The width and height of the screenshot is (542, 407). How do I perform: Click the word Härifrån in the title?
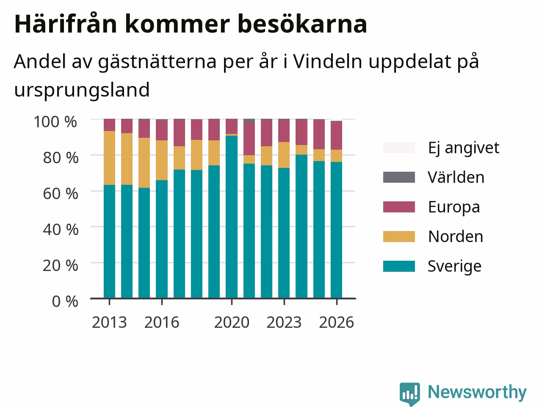[66, 24]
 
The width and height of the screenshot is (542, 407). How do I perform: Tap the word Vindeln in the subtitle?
[328, 61]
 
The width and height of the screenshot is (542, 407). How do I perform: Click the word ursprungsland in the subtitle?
[82, 90]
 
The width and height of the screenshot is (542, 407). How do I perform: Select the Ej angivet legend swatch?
[399, 148]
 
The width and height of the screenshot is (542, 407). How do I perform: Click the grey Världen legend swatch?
[399, 177]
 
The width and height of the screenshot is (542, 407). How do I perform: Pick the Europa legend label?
[454, 207]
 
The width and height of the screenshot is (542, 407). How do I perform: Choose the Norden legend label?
[456, 237]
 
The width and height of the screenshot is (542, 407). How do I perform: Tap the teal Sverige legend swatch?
[399, 266]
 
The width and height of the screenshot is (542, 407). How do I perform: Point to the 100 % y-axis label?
[55, 122]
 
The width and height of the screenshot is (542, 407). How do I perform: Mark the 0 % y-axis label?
[65, 301]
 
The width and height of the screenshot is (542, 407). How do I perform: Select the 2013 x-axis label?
[109, 322]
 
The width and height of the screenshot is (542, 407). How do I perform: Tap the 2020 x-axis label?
[232, 322]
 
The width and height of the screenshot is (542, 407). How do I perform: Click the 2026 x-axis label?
[336, 322]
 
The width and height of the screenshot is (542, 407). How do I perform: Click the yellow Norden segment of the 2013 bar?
[109, 158]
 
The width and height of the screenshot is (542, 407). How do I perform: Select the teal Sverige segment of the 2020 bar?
[232, 217]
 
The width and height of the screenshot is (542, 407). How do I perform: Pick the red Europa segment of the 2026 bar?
[336, 135]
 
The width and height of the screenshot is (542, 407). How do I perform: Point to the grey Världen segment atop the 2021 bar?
[249, 121]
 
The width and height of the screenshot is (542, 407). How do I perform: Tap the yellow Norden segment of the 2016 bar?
[162, 160]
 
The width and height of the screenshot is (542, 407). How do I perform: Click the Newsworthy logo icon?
[409, 393]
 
